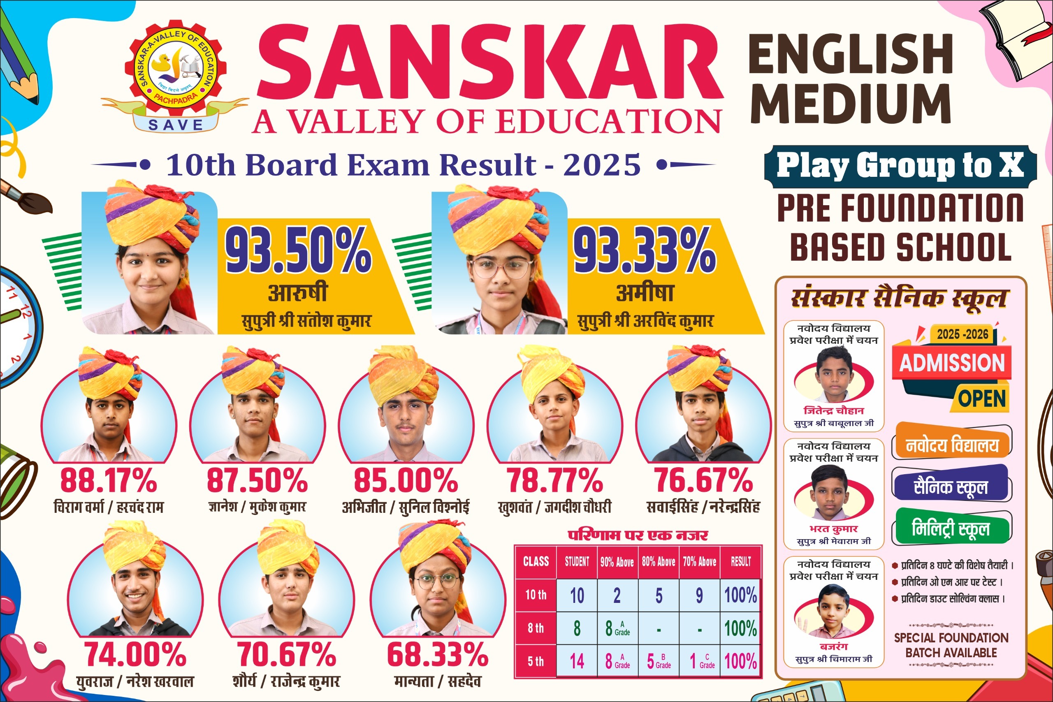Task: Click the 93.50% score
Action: click(x=298, y=250)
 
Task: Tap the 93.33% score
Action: click(x=645, y=250)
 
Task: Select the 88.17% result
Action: click(x=108, y=480)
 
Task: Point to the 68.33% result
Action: click(x=437, y=655)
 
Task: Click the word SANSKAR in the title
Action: click(x=490, y=63)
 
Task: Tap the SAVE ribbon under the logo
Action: click(x=176, y=125)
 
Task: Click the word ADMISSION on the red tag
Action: click(x=952, y=363)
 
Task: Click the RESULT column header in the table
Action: click(x=740, y=562)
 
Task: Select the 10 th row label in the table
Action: click(x=536, y=595)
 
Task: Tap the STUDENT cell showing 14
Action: click(x=577, y=661)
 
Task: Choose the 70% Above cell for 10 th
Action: click(x=699, y=595)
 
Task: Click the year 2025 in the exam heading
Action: click(x=602, y=165)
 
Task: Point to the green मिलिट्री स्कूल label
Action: click(x=951, y=529)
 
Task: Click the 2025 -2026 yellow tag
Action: click(x=963, y=334)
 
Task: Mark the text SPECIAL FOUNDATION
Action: click(x=951, y=637)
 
